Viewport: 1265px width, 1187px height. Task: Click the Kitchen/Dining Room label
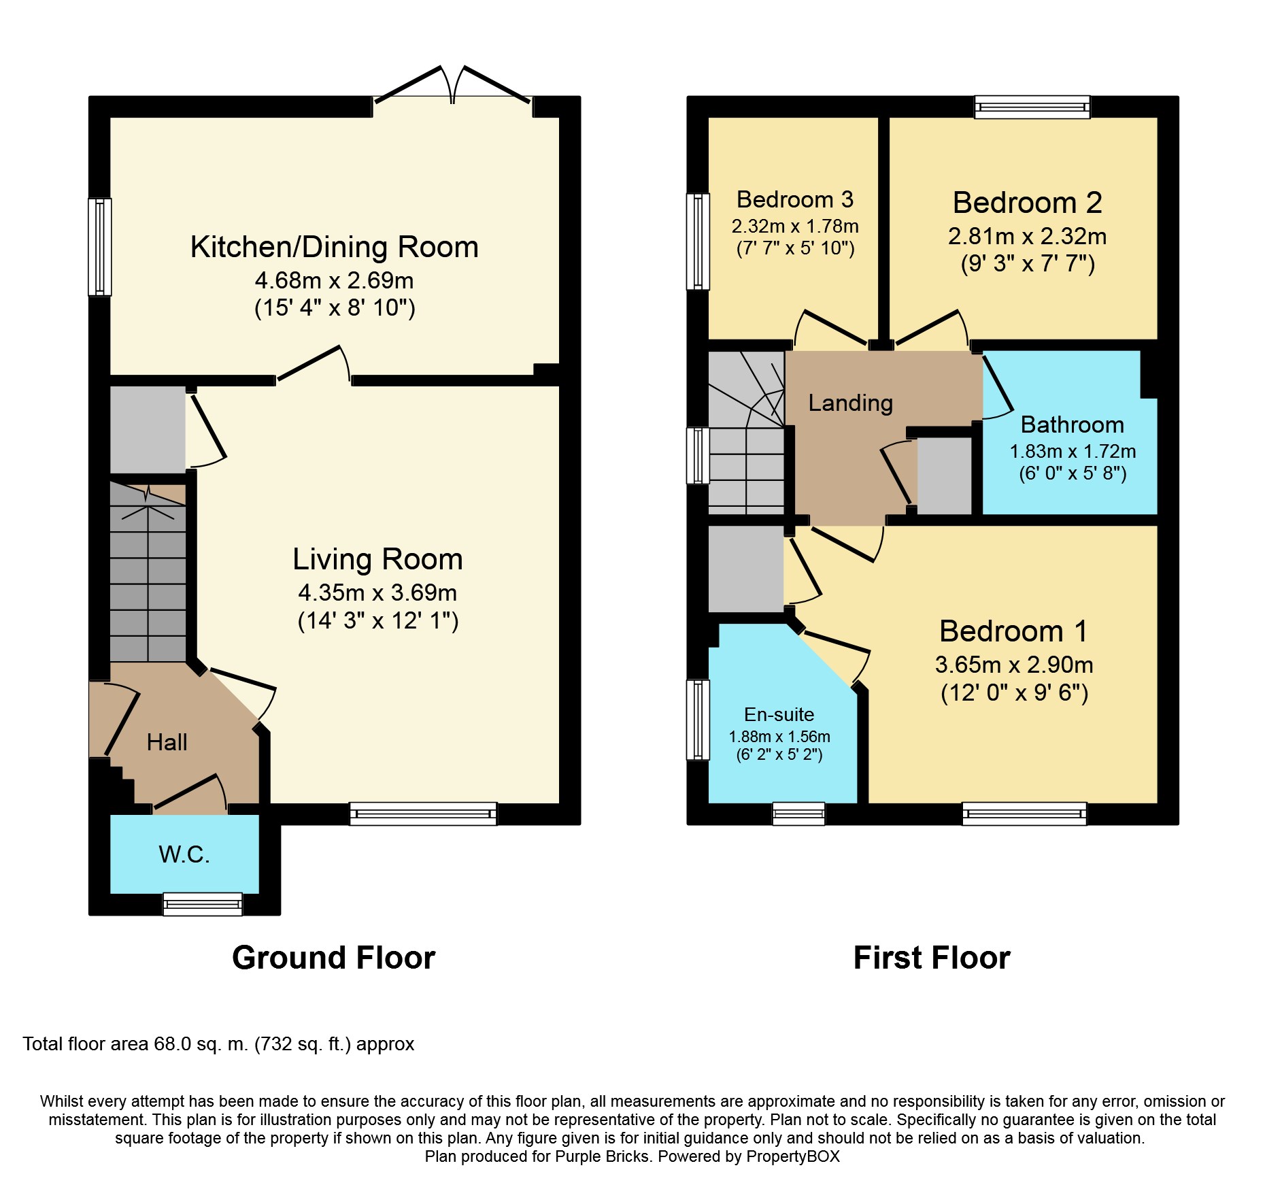(334, 247)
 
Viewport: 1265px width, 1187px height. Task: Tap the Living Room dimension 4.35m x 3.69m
(377, 592)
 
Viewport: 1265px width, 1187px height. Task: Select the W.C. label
(184, 854)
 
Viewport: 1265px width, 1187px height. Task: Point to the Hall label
(167, 742)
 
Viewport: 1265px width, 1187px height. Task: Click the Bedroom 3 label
(794, 199)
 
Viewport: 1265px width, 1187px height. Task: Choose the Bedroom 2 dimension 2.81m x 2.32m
(1027, 236)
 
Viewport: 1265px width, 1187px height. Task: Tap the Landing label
(850, 403)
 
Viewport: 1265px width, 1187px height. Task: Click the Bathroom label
(1073, 424)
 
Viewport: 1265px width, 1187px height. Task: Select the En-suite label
(779, 714)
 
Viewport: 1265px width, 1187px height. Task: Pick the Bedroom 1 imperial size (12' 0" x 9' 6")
(1014, 692)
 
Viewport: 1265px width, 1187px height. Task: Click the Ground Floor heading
(333, 958)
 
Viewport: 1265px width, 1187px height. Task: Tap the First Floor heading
(932, 958)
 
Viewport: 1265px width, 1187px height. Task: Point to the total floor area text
(218, 1044)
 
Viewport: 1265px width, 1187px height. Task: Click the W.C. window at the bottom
(203, 904)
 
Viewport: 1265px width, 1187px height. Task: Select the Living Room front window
(423, 814)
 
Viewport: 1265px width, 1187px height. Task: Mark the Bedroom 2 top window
(1032, 107)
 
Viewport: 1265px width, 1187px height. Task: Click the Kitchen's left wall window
(100, 247)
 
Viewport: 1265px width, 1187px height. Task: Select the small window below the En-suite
(798, 814)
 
